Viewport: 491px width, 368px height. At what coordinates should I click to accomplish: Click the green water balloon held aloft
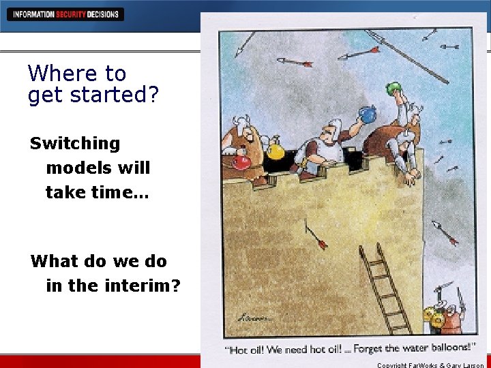[393, 88]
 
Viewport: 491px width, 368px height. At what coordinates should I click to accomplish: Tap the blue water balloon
[368, 114]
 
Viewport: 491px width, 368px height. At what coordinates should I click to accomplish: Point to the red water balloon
[241, 162]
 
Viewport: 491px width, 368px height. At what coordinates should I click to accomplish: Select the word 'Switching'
[75, 143]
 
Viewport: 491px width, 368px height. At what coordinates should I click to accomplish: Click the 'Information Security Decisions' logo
[66, 14]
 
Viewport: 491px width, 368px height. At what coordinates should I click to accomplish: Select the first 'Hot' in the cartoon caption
[240, 350]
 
